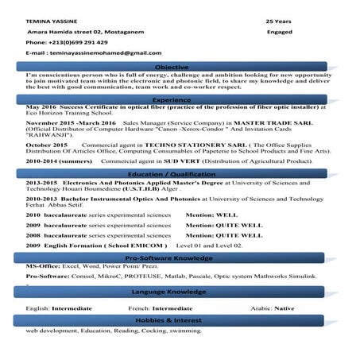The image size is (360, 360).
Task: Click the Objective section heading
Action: pos(172,67)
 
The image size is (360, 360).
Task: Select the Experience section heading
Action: pos(172,99)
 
